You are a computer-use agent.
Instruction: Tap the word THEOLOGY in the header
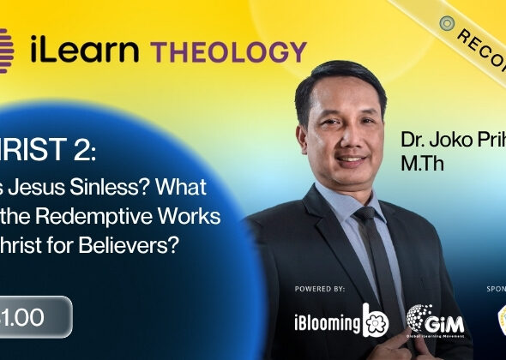point(229,51)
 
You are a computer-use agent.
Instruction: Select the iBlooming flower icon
point(376,319)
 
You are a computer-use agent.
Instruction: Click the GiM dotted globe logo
point(424,319)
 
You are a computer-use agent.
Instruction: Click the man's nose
point(349,135)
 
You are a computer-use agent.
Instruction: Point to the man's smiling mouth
point(351,159)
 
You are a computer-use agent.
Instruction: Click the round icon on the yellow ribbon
point(445,23)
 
